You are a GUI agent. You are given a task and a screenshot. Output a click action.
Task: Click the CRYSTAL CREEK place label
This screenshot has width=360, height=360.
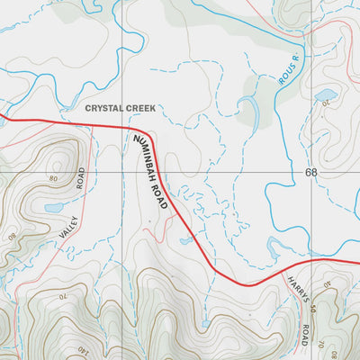(121, 108)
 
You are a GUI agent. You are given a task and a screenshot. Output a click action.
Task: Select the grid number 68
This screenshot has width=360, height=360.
(311, 171)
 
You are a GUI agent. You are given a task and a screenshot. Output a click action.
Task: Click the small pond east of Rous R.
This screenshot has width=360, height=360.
(326, 94)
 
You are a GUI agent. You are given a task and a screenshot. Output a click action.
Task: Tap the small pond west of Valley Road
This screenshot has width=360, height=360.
(53, 207)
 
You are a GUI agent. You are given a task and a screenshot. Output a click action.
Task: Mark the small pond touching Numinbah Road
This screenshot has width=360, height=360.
(186, 240)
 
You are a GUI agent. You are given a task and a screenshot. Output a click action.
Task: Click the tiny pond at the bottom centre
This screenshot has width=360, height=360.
(206, 323)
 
